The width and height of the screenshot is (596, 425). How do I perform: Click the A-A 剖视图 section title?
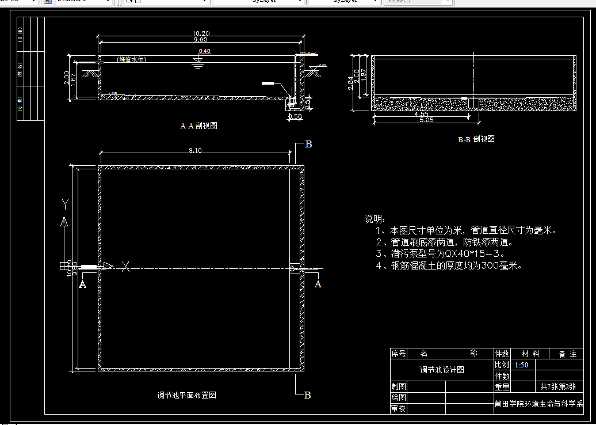tap(198, 125)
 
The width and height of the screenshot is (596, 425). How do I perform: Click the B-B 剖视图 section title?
tap(476, 139)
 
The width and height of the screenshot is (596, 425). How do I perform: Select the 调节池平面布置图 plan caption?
tap(187, 395)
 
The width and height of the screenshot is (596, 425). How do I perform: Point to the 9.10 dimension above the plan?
tap(195, 151)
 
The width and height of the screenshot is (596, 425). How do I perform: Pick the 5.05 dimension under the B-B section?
tap(427, 120)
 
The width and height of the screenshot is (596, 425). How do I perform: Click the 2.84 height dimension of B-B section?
tap(352, 84)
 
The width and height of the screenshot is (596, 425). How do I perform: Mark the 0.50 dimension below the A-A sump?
tap(294, 116)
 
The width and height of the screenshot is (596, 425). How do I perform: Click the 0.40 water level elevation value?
tap(204, 51)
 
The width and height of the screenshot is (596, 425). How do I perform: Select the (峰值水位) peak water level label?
tap(130, 59)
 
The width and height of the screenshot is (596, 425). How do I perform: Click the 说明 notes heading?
tap(375, 219)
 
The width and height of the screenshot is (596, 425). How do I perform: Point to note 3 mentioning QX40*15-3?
tap(440, 253)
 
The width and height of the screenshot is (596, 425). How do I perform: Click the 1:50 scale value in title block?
tap(522, 365)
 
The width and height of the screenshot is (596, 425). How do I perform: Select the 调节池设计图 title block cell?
tap(441, 370)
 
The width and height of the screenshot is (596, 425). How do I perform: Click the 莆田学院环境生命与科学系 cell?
tap(538, 404)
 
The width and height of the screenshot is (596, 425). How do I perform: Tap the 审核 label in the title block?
tap(399, 408)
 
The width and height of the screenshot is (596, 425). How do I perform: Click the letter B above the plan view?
tap(308, 144)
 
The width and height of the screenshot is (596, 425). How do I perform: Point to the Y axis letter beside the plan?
tap(65, 203)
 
